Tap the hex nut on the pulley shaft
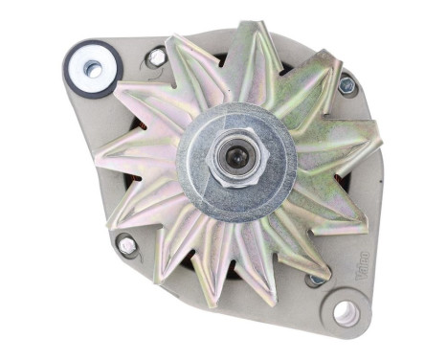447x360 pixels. (229, 156)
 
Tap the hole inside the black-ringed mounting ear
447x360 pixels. (92, 68)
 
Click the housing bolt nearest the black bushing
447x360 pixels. (155, 57)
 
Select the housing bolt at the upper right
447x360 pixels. (346, 85)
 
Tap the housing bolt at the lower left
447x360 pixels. (128, 246)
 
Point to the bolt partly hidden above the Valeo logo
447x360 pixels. (315, 280)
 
